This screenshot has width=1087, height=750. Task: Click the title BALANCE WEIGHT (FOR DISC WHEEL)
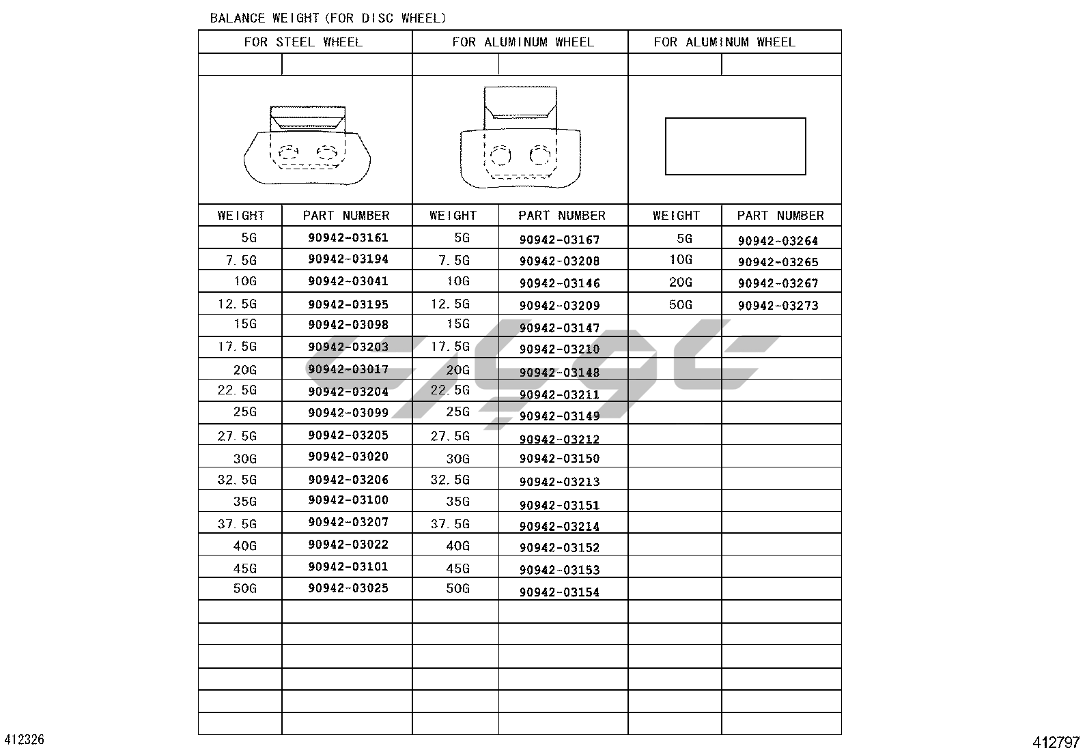point(328,18)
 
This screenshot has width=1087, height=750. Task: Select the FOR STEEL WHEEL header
point(303,42)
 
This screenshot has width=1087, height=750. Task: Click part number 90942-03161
point(348,238)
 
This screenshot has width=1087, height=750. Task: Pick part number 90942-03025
point(348,588)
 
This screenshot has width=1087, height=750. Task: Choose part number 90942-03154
point(559,592)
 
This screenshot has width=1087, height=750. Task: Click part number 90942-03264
point(778,241)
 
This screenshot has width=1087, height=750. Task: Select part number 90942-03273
point(778,306)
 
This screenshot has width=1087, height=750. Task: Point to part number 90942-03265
point(778,262)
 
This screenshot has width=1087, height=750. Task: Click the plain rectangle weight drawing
point(735,147)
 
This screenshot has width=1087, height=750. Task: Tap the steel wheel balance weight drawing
point(307,146)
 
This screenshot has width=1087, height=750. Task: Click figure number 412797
point(1056,742)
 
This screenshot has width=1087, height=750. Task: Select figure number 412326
point(25,740)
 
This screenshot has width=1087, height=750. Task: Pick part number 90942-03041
point(348,281)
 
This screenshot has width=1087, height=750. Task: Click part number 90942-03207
point(348,523)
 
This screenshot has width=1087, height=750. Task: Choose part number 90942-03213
point(559,482)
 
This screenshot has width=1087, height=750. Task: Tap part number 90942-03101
point(348,566)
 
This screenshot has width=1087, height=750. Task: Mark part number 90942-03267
point(778,283)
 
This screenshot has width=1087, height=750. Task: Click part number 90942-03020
point(348,457)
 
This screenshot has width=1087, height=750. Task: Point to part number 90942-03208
point(559,261)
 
